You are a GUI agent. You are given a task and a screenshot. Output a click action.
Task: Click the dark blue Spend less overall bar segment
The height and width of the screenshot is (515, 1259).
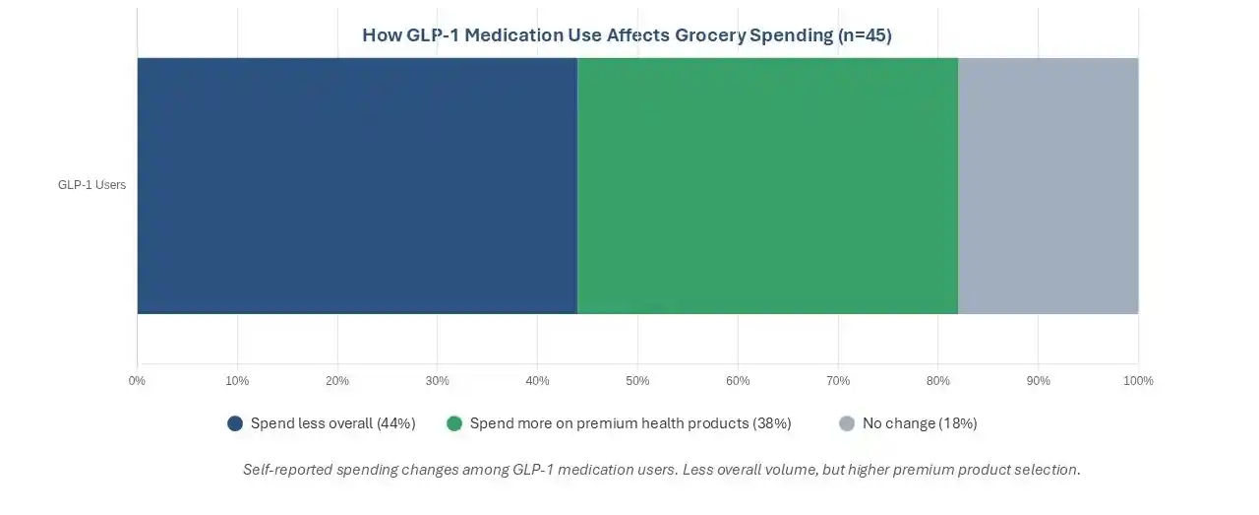click(x=356, y=185)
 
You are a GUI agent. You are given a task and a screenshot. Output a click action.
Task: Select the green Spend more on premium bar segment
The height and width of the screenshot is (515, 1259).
click(x=767, y=185)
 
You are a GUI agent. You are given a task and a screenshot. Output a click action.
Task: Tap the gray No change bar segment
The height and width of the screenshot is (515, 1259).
click(x=1048, y=185)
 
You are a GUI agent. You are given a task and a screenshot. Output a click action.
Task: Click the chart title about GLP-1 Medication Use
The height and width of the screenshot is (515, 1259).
click(x=627, y=35)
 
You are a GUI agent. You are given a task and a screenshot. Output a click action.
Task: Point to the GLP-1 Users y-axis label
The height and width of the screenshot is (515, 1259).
click(x=91, y=185)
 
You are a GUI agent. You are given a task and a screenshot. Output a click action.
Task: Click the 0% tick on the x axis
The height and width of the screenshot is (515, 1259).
click(x=137, y=381)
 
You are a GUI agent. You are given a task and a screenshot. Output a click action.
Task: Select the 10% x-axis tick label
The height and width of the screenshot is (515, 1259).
click(x=237, y=381)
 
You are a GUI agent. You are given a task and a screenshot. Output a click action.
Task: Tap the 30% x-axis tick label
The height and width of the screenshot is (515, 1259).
click(x=438, y=381)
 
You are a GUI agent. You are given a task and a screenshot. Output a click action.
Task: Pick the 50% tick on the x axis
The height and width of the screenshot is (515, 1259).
click(x=637, y=381)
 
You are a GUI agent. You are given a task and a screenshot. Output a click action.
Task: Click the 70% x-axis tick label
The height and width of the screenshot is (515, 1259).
click(x=838, y=381)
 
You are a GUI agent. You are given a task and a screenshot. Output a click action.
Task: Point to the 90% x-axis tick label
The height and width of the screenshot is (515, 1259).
click(x=1038, y=381)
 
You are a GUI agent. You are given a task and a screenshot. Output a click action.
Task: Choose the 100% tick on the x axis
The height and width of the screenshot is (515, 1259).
click(x=1138, y=381)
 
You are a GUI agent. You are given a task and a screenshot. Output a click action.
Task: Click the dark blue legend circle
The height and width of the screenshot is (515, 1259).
click(x=235, y=423)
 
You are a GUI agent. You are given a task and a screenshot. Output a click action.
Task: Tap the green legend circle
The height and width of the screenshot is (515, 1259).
click(x=454, y=423)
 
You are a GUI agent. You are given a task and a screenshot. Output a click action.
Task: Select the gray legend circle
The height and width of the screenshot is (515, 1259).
click(x=847, y=423)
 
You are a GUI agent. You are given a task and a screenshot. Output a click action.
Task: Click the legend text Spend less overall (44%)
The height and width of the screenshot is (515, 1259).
click(x=332, y=423)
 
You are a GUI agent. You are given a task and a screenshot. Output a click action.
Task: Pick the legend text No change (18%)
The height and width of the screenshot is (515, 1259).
click(x=920, y=423)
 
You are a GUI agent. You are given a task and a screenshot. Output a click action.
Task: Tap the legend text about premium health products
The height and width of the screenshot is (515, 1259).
click(x=630, y=423)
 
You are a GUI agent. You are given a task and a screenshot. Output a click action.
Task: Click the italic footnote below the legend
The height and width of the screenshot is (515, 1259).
click(x=661, y=470)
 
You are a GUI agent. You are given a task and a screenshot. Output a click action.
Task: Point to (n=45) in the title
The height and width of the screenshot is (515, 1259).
click(x=864, y=35)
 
